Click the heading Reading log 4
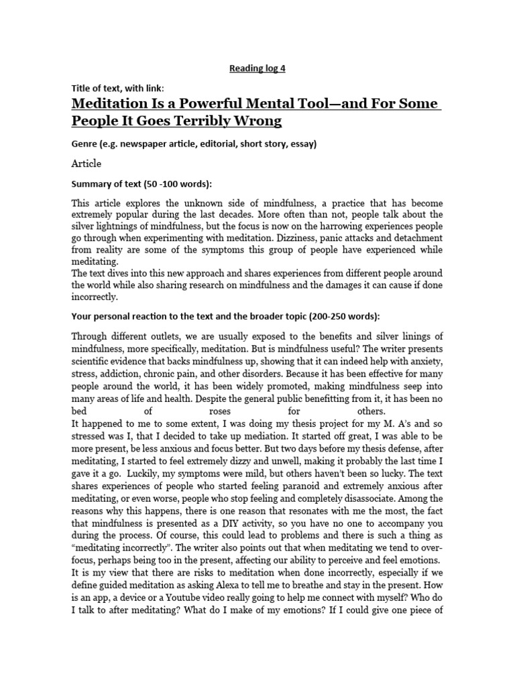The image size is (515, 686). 257,68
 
